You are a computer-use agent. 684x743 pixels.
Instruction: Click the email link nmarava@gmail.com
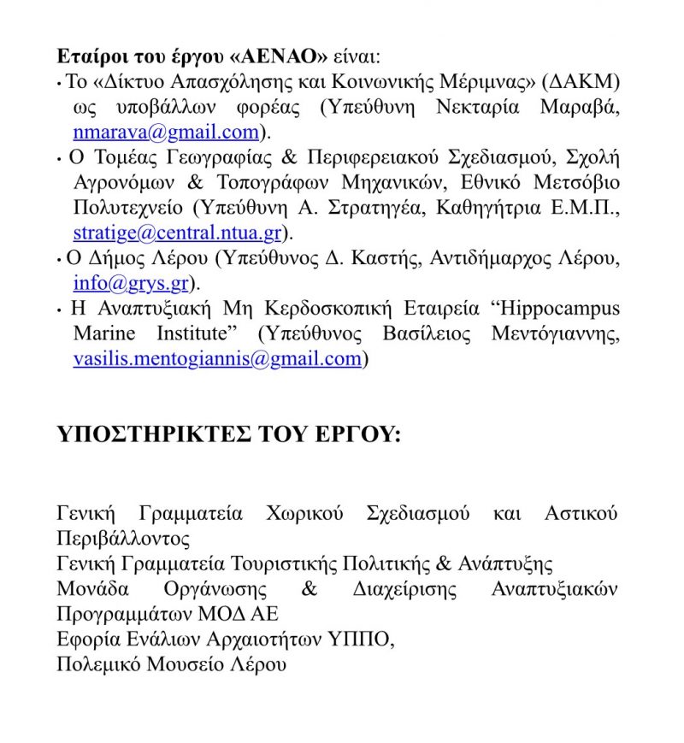[166, 133]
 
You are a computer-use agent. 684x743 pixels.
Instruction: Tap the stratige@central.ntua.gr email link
[178, 232]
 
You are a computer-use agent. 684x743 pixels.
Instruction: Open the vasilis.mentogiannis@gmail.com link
[217, 358]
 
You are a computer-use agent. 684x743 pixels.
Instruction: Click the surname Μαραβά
[583, 108]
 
